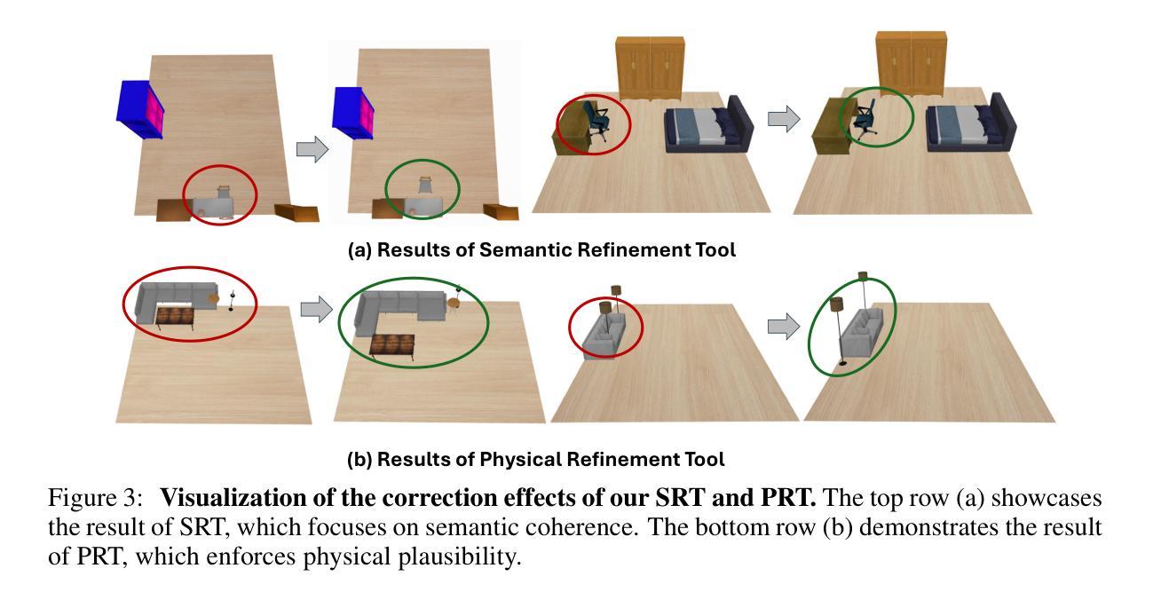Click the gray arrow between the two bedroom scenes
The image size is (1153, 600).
(x=783, y=119)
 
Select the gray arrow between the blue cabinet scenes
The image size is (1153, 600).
(x=312, y=148)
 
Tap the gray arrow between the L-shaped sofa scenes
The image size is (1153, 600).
(x=315, y=309)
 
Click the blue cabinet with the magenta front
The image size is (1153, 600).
(x=141, y=109)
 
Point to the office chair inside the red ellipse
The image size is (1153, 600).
(x=597, y=122)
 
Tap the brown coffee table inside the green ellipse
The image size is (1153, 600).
(x=392, y=345)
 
